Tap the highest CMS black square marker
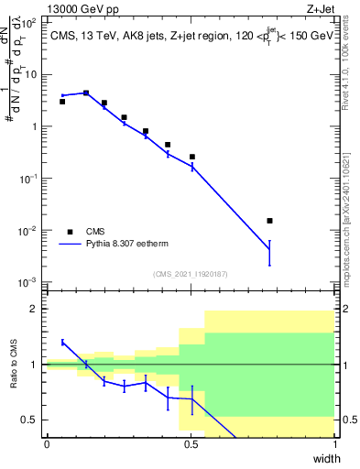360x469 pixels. [86, 93]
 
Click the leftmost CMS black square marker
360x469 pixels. [62, 102]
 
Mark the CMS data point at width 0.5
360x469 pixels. [192, 157]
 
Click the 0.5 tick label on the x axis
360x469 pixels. [191, 444]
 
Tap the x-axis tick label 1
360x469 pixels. [334, 444]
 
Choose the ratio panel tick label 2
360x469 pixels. [33, 310]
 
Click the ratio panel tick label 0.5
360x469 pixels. [30, 420]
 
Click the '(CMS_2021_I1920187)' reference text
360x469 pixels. [191, 274]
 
